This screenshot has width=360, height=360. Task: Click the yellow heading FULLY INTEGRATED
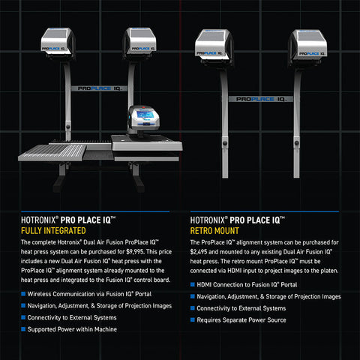coord(53,230)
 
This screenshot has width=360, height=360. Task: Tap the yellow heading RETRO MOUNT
coord(214,231)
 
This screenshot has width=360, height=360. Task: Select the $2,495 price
coord(199,252)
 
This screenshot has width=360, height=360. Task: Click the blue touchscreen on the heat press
coord(145,115)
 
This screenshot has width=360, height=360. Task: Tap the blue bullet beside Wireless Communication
coord(23,294)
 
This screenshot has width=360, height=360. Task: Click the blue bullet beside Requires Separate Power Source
coord(193,319)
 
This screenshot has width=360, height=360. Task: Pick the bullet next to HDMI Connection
coord(193,284)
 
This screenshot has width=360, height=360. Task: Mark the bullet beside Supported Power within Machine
coord(23,329)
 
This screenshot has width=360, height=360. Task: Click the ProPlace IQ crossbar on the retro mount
coord(261,99)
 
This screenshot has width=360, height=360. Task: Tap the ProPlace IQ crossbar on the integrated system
coord(99,88)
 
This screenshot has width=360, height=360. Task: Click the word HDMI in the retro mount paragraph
coord(235,271)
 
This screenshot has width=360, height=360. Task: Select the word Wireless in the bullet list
coord(39,294)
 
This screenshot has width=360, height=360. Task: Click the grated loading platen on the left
coord(52,152)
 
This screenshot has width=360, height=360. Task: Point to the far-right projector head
coord(308,47)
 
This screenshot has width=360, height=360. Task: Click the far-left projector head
coord(58,43)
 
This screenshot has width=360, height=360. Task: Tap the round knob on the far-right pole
coord(297,143)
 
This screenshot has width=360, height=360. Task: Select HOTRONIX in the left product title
coord(38,220)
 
